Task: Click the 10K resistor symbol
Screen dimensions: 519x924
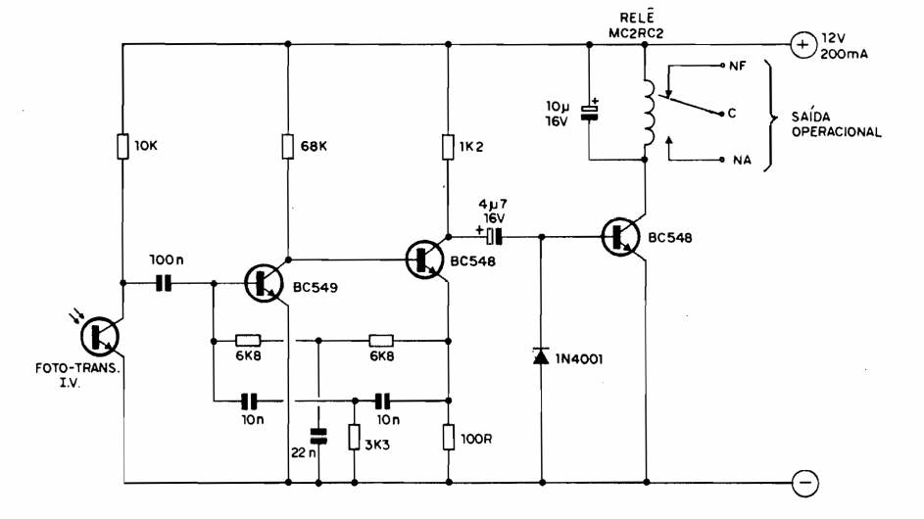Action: click(x=123, y=146)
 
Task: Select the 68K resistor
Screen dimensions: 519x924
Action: click(x=288, y=146)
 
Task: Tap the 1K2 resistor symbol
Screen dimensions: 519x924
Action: click(x=447, y=146)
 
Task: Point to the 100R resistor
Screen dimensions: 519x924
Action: click(x=447, y=435)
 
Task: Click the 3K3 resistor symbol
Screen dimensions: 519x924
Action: click(x=353, y=436)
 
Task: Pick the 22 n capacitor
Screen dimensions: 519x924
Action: click(x=318, y=433)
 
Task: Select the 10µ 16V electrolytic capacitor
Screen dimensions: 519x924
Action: click(x=588, y=111)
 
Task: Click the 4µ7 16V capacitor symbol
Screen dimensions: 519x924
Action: click(x=496, y=235)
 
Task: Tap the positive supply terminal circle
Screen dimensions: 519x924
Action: click(x=802, y=44)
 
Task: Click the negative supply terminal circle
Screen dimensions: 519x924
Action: click(x=802, y=482)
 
